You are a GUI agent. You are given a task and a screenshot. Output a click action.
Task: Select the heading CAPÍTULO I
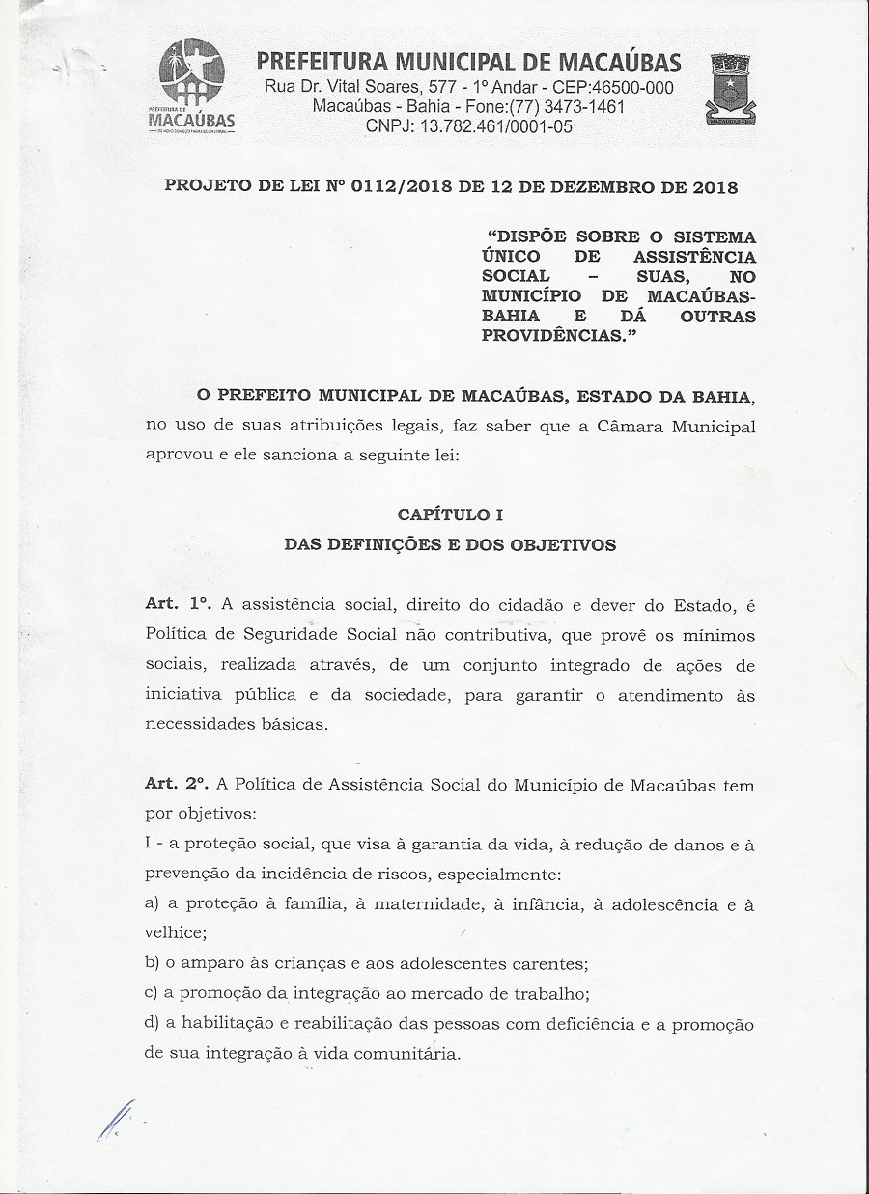click(x=450, y=515)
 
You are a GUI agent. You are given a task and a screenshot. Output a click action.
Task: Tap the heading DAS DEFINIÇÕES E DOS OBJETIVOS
click(x=450, y=544)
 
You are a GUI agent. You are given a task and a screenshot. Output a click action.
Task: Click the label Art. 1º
click(x=178, y=604)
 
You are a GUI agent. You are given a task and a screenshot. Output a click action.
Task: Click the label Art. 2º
click(x=178, y=785)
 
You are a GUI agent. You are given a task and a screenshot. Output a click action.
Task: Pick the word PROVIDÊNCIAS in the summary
click(x=555, y=336)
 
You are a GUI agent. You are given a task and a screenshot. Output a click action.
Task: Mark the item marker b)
click(x=152, y=963)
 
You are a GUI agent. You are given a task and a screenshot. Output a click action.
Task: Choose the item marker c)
click(x=151, y=993)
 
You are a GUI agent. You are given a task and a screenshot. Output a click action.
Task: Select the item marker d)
click(x=152, y=1023)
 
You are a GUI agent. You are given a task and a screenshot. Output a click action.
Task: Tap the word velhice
click(x=175, y=933)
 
